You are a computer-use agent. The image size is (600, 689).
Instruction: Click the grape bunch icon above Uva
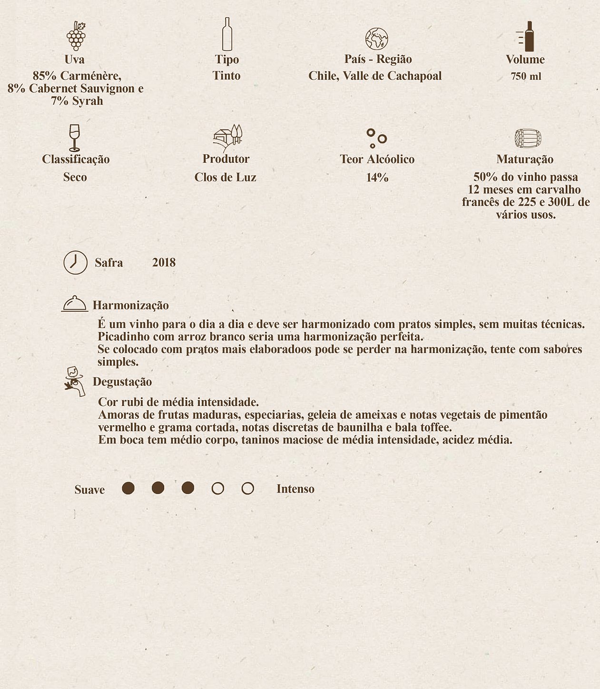pos(76,36)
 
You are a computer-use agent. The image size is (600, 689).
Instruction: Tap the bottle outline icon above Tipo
pos(227,34)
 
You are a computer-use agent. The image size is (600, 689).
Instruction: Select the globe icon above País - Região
pos(376,39)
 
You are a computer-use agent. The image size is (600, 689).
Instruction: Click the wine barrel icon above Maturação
pos(528,138)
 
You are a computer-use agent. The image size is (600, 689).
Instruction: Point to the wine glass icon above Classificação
pos(74,138)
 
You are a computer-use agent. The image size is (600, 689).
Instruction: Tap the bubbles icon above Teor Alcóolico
pos(376,138)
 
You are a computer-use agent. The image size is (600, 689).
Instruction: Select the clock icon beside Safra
pos(76,262)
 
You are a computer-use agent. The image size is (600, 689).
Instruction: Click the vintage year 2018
pos(164,263)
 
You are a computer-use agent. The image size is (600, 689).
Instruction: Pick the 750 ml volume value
pos(526,77)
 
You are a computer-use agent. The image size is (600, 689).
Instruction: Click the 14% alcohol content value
pos(377,178)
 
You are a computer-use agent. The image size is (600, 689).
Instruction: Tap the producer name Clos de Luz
pos(225,177)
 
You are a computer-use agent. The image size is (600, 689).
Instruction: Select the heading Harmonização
pos(131,305)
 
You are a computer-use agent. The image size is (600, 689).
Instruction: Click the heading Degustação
pos(122,382)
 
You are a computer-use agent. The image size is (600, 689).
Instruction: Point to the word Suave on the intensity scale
pos(89,490)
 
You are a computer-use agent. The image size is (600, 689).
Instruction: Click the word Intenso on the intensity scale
pos(295,489)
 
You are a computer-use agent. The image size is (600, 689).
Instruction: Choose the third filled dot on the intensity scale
pos(188,488)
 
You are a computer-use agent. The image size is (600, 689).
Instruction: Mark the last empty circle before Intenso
pos(247,489)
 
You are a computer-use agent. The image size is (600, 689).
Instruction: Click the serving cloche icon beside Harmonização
pos(75,304)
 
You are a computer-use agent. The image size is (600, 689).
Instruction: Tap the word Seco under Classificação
pos(75,177)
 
